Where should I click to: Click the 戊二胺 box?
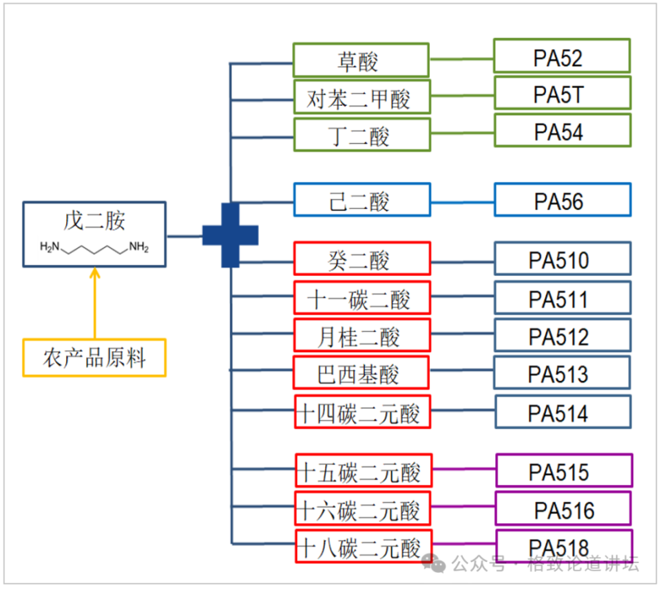[94, 234]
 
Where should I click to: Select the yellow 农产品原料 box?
[94, 358]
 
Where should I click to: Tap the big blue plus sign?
[231, 235]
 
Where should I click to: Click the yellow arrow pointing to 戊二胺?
[95, 303]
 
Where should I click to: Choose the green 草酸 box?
[361, 61]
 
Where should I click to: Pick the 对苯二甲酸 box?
[361, 98]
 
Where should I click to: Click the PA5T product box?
[562, 94]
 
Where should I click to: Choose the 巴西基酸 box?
[361, 373]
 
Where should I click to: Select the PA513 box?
[562, 373]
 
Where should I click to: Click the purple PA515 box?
[563, 471]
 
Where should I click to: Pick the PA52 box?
[561, 56]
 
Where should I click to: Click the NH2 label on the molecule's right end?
[138, 247]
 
